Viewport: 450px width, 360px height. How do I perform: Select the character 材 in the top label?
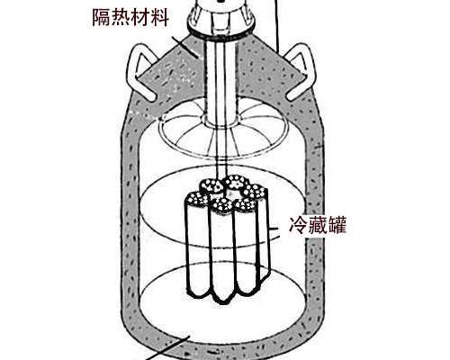(x=144, y=18)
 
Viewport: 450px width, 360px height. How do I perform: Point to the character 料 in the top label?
(x=163, y=18)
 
